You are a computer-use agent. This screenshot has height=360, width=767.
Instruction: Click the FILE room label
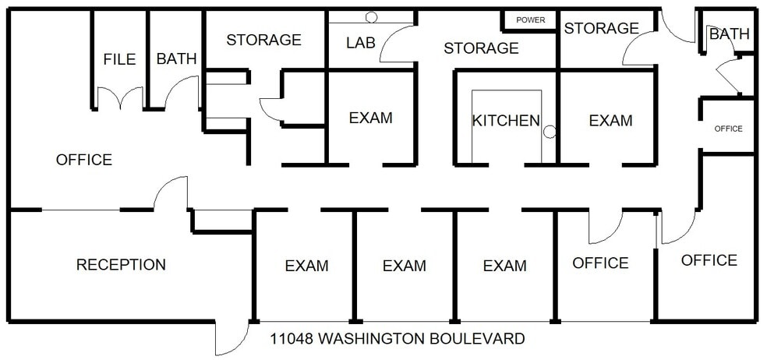(x=119, y=59)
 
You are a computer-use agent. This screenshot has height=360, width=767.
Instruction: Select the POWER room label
(x=531, y=20)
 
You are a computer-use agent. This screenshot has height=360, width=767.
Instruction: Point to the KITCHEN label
(x=506, y=121)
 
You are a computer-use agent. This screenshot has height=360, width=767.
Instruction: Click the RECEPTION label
(x=121, y=265)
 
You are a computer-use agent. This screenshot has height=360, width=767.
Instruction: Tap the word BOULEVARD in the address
(x=481, y=339)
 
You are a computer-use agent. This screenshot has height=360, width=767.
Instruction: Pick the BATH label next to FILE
(x=176, y=59)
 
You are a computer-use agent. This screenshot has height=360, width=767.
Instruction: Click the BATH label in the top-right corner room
(x=729, y=34)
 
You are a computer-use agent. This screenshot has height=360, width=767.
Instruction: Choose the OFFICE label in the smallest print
(x=728, y=129)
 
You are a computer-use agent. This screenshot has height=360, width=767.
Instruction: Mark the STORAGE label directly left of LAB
(x=263, y=40)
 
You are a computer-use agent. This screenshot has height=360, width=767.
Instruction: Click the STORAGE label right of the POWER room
(x=601, y=29)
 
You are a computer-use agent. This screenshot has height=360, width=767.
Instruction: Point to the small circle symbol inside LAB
(x=372, y=16)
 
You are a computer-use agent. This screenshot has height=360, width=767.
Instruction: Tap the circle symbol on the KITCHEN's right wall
(x=550, y=132)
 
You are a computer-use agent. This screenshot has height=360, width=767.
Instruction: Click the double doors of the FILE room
(x=120, y=99)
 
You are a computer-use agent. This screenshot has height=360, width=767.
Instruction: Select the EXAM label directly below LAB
(x=370, y=118)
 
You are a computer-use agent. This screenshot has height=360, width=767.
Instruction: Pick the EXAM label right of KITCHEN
(x=610, y=121)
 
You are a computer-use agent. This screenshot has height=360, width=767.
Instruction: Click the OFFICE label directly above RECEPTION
(x=84, y=160)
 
